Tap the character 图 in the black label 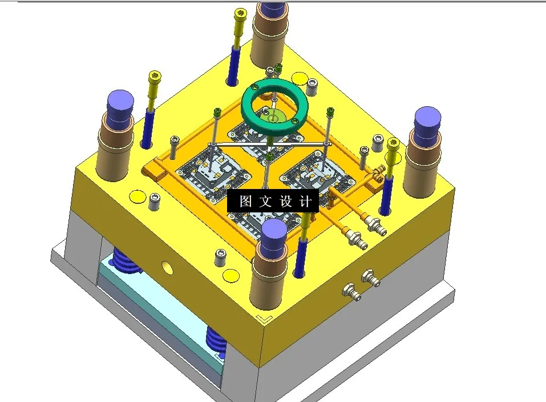[x=245, y=202]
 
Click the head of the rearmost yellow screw [x=240, y=14]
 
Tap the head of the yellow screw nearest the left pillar [x=155, y=77]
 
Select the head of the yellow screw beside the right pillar [x=393, y=143]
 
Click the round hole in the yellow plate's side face [x=167, y=266]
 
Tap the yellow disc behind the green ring [x=298, y=78]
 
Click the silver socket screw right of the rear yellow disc [x=312, y=86]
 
